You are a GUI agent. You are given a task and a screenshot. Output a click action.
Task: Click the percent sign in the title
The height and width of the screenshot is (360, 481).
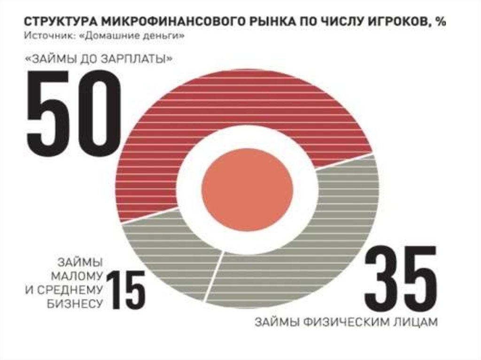point(440,23)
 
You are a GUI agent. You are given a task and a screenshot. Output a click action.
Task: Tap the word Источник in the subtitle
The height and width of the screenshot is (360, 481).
point(43,36)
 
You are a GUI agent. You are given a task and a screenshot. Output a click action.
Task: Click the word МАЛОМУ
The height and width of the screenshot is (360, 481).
point(79,275)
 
